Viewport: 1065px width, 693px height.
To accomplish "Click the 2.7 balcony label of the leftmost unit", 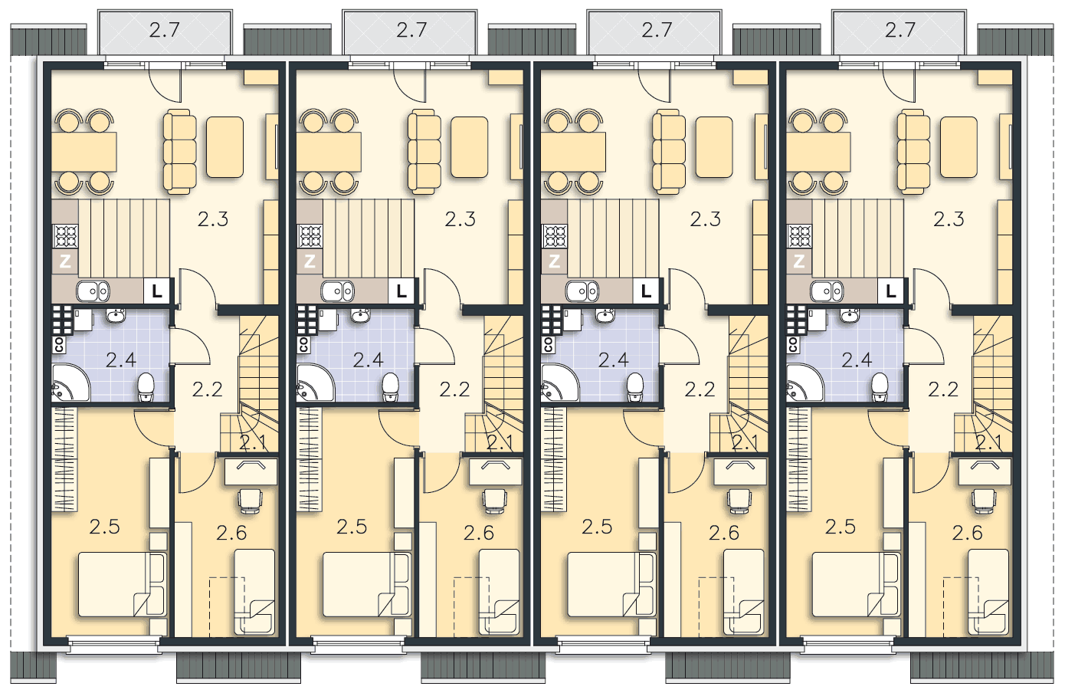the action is click(x=165, y=31).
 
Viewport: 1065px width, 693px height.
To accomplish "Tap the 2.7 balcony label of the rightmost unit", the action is click(x=900, y=31).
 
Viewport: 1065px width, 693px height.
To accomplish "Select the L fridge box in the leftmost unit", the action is click(x=156, y=291).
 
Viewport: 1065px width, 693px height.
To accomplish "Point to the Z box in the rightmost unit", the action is click(x=798, y=261).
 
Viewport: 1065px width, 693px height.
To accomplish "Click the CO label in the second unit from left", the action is click(x=303, y=345).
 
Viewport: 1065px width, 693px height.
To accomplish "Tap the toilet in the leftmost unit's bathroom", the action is click(x=146, y=386).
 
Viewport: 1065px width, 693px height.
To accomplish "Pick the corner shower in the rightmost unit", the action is click(x=805, y=383).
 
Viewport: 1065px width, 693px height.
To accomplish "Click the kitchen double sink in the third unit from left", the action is click(x=582, y=291).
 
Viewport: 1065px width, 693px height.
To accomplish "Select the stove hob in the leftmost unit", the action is click(x=66, y=236).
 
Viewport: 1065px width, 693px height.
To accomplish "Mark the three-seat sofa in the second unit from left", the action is click(x=424, y=152).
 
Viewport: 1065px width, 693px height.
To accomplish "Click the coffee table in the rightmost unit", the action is click(x=958, y=147).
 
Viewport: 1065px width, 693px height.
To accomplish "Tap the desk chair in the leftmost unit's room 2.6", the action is click(x=250, y=501).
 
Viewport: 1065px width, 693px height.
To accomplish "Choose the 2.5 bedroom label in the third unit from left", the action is click(x=597, y=527).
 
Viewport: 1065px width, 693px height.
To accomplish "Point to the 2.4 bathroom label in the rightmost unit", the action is click(x=857, y=360).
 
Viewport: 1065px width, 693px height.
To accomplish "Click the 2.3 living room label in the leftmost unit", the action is click(x=213, y=219).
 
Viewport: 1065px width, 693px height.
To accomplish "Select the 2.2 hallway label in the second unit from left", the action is click(x=454, y=390).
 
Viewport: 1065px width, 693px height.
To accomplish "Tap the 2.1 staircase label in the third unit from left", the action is click(x=745, y=443).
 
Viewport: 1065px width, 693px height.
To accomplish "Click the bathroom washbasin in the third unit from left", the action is click(x=605, y=315).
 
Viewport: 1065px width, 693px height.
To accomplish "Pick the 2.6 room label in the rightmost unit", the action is click(x=968, y=534).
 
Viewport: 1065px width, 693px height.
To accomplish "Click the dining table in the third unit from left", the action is click(x=573, y=152).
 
